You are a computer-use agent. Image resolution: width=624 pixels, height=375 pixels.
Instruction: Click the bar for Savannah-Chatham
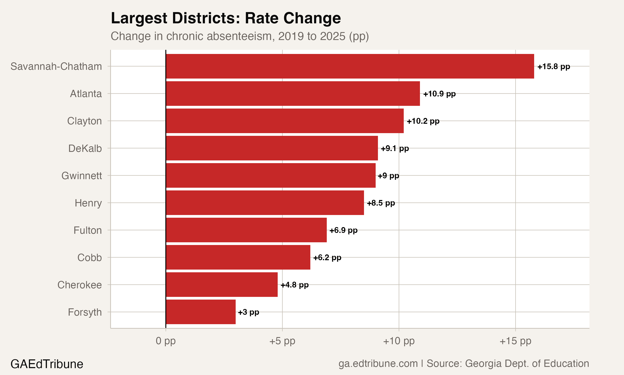[350, 66]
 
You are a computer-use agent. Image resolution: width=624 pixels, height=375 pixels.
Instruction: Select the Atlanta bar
[293, 94]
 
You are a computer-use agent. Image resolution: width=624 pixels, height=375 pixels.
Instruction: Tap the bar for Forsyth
[201, 312]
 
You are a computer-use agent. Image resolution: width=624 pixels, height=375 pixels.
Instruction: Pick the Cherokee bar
[222, 285]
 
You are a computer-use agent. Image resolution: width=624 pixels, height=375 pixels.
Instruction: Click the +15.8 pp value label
[554, 66]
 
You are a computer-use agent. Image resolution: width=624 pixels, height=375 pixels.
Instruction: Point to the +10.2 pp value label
[423, 121]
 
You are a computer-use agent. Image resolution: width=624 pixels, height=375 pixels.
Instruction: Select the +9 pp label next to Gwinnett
[388, 176]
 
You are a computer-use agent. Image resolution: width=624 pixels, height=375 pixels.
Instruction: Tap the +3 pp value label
[248, 312]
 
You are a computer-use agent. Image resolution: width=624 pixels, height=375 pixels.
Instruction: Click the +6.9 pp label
[343, 230]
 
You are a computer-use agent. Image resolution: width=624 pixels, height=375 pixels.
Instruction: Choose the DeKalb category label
[85, 148]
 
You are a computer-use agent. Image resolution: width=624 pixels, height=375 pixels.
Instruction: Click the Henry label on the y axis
[88, 203]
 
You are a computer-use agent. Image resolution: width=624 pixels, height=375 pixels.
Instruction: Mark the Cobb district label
[89, 257]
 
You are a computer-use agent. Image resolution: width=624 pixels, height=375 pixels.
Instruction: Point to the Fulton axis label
[88, 230]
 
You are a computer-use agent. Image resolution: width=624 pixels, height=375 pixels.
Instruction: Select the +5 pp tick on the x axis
[282, 341]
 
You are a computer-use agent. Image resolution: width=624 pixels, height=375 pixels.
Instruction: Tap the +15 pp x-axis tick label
[515, 341]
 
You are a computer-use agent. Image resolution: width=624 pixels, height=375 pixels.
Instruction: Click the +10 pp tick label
[399, 341]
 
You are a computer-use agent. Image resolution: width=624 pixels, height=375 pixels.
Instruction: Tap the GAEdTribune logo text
[47, 364]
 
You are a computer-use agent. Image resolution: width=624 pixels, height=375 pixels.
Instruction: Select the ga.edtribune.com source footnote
[464, 363]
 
